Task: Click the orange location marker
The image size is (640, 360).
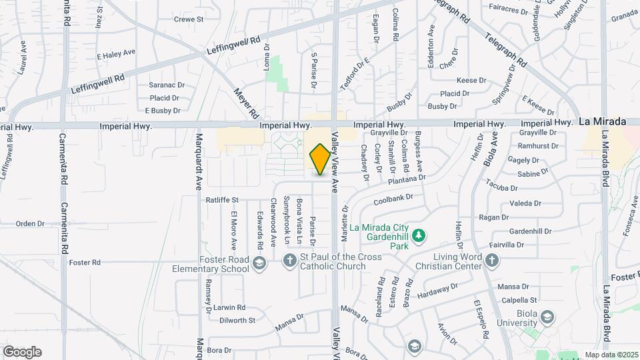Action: pyautogui.click(x=320, y=159)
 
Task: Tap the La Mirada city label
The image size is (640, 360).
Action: pyautogui.click(x=602, y=121)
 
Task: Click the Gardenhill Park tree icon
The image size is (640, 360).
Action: pyautogui.click(x=419, y=235)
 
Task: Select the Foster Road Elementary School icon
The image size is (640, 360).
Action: pyautogui.click(x=259, y=264)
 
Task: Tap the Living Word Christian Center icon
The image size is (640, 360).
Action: pyautogui.click(x=491, y=259)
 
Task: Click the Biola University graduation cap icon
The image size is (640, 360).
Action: pyautogui.click(x=547, y=316)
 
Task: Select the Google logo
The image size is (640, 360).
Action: pyautogui.click(x=22, y=351)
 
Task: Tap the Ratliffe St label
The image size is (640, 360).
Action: pyautogui.click(x=222, y=199)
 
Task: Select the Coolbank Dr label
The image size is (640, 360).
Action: pyautogui.click(x=394, y=198)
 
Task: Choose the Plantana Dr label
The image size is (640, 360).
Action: pyautogui.click(x=406, y=179)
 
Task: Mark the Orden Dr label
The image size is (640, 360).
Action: pyautogui.click(x=30, y=224)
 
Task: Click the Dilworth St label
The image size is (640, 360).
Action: pyautogui.click(x=237, y=320)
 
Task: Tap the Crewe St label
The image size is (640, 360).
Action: pyautogui.click(x=189, y=19)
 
